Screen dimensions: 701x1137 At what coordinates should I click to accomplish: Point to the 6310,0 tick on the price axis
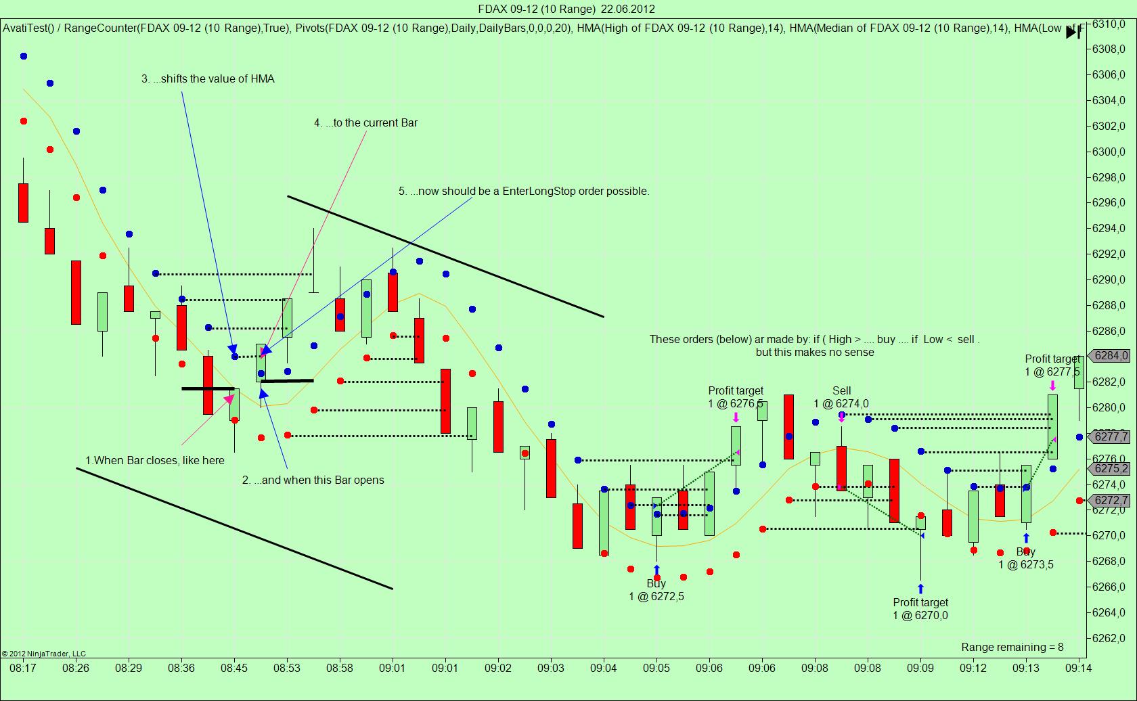tap(1109, 24)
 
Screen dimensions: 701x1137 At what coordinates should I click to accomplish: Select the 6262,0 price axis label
tap(1109, 638)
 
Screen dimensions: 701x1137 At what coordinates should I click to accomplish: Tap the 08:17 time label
tap(23, 668)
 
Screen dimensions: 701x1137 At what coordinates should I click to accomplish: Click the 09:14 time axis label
tap(1078, 668)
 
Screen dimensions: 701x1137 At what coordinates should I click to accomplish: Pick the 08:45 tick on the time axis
tap(234, 668)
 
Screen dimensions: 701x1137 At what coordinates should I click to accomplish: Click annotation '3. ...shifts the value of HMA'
tap(208, 79)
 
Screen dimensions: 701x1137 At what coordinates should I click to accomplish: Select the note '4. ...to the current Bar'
tap(365, 123)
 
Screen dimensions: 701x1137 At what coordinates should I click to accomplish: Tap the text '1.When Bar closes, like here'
tap(155, 461)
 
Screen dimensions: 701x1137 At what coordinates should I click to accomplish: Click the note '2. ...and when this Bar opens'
tap(313, 480)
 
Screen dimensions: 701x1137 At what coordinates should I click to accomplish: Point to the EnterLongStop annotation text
tap(524, 191)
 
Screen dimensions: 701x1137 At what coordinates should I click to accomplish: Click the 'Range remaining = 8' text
tap(1012, 648)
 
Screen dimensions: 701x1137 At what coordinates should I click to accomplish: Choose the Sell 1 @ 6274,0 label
tap(841, 397)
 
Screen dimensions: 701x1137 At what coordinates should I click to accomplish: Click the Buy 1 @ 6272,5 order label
tap(656, 590)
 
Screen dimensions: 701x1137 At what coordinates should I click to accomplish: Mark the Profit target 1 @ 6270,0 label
tap(920, 609)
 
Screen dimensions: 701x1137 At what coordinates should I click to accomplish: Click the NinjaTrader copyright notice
tap(44, 654)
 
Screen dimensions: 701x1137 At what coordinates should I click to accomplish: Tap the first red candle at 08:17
tap(23, 202)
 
